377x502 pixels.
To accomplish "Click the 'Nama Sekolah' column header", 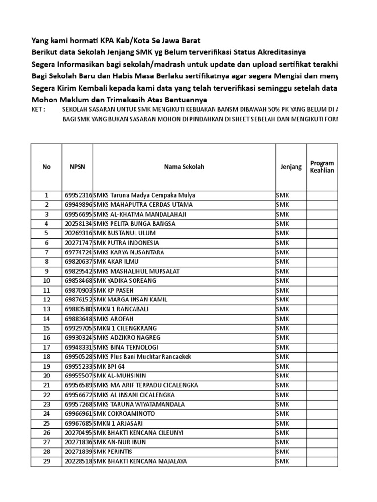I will [x=184, y=167].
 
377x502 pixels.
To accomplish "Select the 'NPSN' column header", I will [x=77, y=167].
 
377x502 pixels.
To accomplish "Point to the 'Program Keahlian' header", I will [x=322, y=167].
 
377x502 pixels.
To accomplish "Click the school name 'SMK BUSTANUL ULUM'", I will [x=121, y=233].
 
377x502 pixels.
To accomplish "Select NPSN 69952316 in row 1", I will [x=78, y=195].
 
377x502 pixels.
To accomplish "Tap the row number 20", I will [x=47, y=376].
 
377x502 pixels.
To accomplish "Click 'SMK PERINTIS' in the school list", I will [x=113, y=452].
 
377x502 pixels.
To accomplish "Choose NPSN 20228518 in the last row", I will [x=78, y=461].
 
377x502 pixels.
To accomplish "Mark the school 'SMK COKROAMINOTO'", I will [x=123, y=414].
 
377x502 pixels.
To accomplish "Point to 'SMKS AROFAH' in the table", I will [x=114, y=319].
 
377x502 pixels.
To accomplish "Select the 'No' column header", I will [x=47, y=167].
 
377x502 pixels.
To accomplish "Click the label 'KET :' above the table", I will [x=38, y=110].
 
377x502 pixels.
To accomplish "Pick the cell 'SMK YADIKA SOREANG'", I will [x=125, y=281].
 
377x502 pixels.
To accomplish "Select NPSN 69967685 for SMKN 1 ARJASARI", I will [x=78, y=424].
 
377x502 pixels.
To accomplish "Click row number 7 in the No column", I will [x=47, y=252].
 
